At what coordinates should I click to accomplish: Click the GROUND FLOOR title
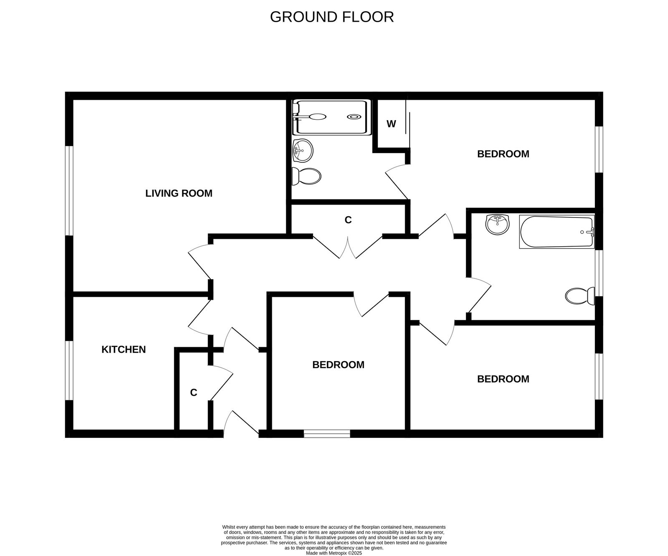(x=331, y=17)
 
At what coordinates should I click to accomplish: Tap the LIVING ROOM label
(x=179, y=193)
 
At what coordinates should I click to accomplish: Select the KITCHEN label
(x=124, y=349)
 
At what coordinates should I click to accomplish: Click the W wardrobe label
(x=391, y=124)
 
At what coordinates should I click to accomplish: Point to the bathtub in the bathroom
(x=556, y=232)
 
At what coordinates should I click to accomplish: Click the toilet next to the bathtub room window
(x=580, y=296)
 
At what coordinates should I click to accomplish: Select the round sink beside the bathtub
(x=497, y=225)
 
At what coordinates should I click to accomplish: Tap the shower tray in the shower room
(x=331, y=117)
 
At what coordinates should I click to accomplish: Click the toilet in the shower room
(x=306, y=177)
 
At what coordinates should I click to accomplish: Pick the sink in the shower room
(x=303, y=150)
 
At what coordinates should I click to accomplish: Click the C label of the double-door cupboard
(x=348, y=220)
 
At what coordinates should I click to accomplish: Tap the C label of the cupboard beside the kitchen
(x=193, y=393)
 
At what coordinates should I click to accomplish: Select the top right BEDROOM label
(x=503, y=154)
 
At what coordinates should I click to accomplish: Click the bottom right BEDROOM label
(x=503, y=379)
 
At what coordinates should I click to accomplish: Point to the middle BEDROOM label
(x=338, y=365)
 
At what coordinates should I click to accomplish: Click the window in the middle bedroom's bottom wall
(x=326, y=434)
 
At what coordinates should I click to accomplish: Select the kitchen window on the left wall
(x=69, y=371)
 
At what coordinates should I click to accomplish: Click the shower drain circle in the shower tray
(x=354, y=117)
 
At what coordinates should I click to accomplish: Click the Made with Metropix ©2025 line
(x=334, y=553)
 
